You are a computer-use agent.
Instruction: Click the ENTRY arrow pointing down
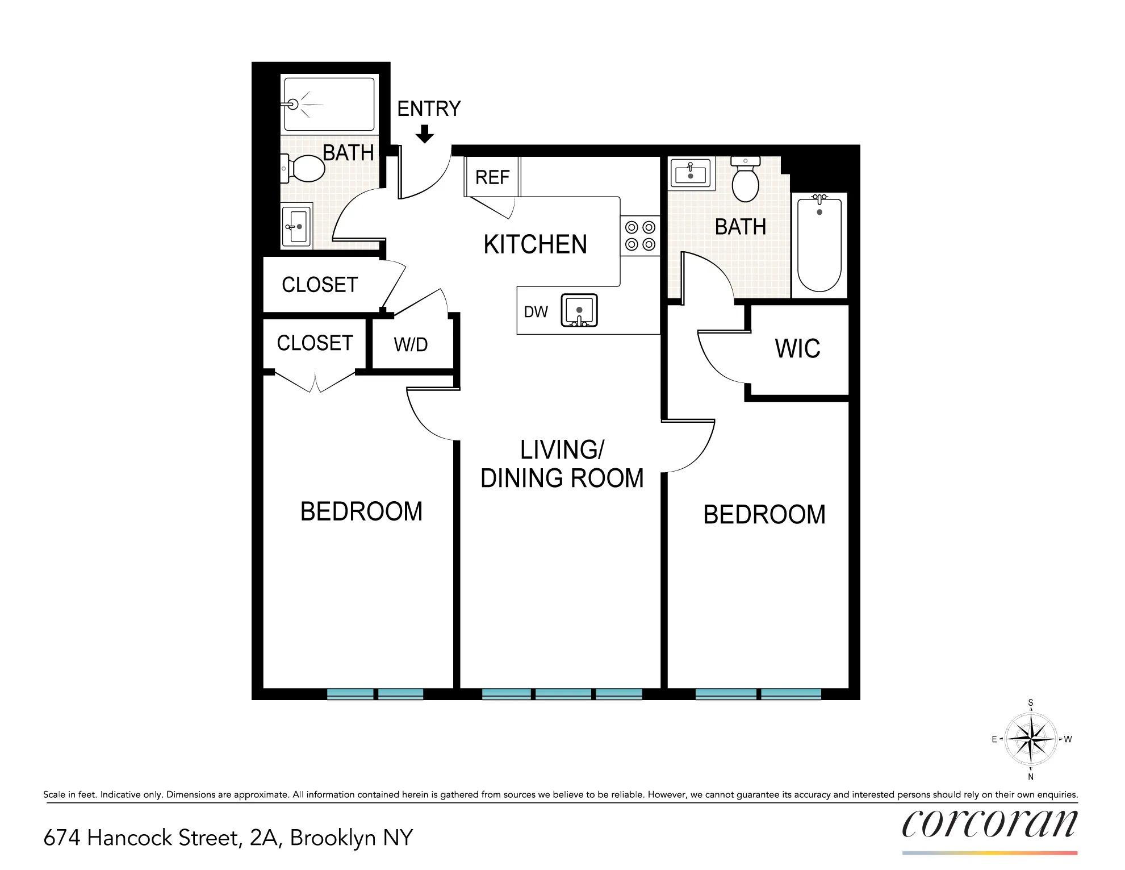[424, 135]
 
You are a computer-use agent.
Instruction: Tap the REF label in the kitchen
[492, 177]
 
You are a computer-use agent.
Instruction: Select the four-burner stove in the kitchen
[640, 236]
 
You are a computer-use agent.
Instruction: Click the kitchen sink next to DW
[579, 311]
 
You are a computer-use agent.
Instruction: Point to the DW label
[536, 312]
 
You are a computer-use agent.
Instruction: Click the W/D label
[411, 344]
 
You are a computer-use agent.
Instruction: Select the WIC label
[797, 348]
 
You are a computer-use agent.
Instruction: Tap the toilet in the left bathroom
[306, 169]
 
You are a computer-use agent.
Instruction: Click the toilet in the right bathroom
[745, 181]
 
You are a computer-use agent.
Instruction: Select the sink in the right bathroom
[690, 173]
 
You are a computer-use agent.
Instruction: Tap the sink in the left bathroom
[297, 227]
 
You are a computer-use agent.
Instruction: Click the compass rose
[1030, 739]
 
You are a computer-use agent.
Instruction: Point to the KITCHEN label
[535, 244]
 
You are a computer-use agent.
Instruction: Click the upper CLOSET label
[320, 285]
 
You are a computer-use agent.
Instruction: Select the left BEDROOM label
[361, 511]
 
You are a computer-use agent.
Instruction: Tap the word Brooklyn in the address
[333, 838]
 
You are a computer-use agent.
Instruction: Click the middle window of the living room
[563, 694]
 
